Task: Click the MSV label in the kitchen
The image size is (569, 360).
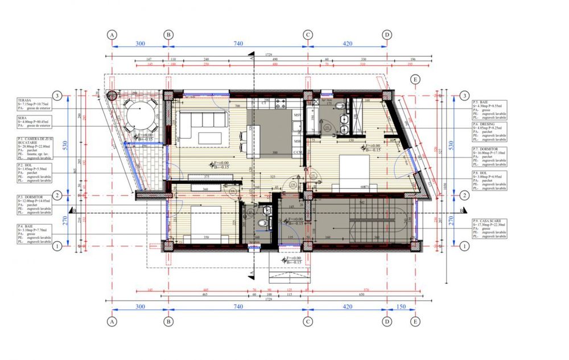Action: (297, 115)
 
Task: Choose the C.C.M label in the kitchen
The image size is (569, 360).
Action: (297, 153)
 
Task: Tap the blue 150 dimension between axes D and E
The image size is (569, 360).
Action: (401, 307)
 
